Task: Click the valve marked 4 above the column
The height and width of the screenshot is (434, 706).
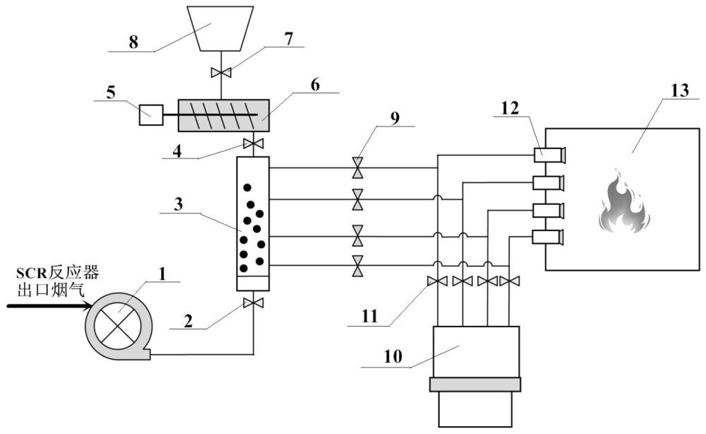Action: click(253, 144)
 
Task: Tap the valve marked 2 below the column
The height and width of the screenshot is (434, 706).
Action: click(253, 303)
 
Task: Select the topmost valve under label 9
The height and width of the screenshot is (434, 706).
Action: click(358, 168)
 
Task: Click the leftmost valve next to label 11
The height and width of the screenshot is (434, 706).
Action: click(438, 282)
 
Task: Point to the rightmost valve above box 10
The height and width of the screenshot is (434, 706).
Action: click(508, 282)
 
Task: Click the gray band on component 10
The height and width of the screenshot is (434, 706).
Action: click(474, 385)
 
